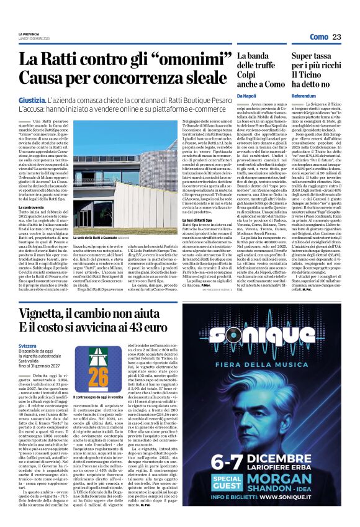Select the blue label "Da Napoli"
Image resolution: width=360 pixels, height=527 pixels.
click(246, 96)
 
